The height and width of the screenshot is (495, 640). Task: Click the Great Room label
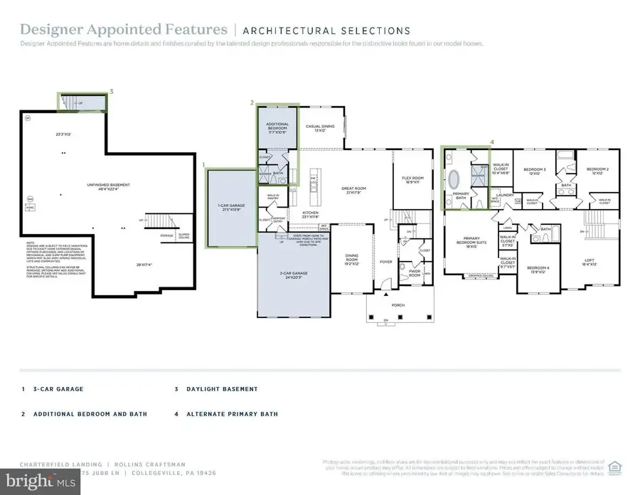pos(356,190)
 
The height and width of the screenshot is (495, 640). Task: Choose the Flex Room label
pos(412,179)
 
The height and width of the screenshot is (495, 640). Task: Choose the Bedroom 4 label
pos(537,269)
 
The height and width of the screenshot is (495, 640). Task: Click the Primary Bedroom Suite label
pos(470,242)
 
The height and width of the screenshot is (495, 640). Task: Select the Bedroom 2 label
pos(594,171)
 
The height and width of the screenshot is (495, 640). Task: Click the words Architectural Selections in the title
pos(326,31)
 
